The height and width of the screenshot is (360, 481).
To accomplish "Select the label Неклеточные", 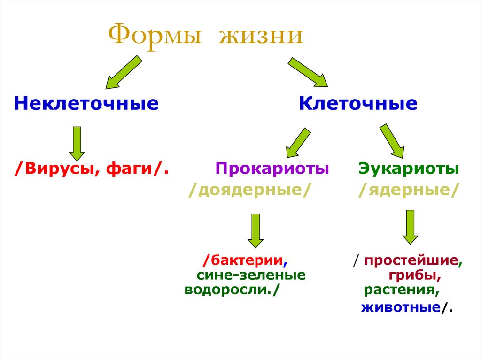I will (x=86, y=103).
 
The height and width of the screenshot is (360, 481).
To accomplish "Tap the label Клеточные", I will (x=358, y=103).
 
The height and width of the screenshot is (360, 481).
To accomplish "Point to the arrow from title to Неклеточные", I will (x=123, y=72).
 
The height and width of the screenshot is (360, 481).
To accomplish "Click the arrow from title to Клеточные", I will (x=308, y=72).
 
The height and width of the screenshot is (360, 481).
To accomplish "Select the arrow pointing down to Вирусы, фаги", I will (x=77, y=143).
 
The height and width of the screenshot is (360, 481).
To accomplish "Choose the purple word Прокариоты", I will (x=272, y=168).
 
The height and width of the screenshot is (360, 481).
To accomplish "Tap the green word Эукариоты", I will (x=408, y=168).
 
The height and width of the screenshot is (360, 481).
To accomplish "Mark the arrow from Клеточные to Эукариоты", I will (x=392, y=140).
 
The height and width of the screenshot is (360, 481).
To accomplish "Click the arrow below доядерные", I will (x=256, y=230).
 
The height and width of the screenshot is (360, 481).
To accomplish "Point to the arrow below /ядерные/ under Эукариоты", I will (x=410, y=227).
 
